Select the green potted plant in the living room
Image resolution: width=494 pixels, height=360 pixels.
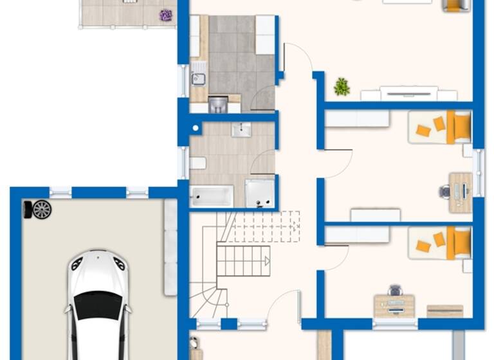pyautogui.click(x=342, y=87)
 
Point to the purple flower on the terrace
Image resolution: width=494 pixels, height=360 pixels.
pyautogui.click(x=166, y=15)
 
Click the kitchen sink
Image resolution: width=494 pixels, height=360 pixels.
pyautogui.click(x=199, y=79)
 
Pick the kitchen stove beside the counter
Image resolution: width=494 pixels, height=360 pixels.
pyautogui.click(x=217, y=104)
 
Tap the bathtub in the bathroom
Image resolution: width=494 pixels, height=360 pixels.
pyautogui.click(x=211, y=196)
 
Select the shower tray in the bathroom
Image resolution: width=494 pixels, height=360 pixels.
pyautogui.click(x=260, y=194)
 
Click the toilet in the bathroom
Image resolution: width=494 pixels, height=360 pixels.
pyautogui.click(x=198, y=163)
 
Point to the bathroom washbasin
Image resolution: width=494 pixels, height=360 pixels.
pyautogui.click(x=241, y=130)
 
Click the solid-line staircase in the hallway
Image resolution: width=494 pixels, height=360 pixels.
pyautogui.click(x=242, y=260)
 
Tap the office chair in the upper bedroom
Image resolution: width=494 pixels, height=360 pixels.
pyautogui.click(x=444, y=191)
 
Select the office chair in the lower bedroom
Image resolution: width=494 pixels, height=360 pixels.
pyautogui.click(x=395, y=291)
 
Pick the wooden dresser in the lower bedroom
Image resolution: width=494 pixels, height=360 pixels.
pyautogui.click(x=444, y=311)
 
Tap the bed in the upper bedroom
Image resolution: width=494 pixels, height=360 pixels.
pyautogui.click(x=441, y=127)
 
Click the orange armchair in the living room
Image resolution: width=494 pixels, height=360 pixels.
pyautogui.click(x=455, y=5)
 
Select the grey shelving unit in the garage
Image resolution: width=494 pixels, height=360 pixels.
pyautogui.click(x=170, y=248)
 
